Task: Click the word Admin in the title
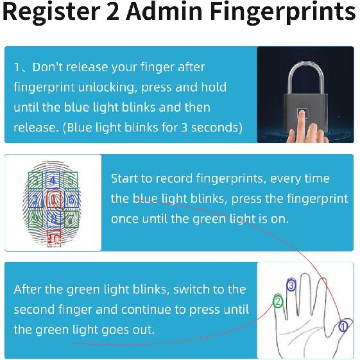coord(165,12)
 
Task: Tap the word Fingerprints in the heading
coord(283,13)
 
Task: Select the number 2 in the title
coord(113,12)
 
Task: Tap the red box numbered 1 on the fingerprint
coord(53,200)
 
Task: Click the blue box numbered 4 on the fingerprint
coord(53,180)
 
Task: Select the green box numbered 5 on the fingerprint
coord(71,180)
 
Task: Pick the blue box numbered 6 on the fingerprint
coord(71,200)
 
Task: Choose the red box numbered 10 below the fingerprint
coord(54,239)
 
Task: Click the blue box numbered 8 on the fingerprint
coord(53,219)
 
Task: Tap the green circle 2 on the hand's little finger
coord(278,302)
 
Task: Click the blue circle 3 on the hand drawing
coord(291,285)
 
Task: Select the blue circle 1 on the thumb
coord(343,326)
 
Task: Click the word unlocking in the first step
coord(108,88)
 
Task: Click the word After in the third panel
coord(28,289)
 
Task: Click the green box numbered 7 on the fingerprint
coord(71,219)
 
